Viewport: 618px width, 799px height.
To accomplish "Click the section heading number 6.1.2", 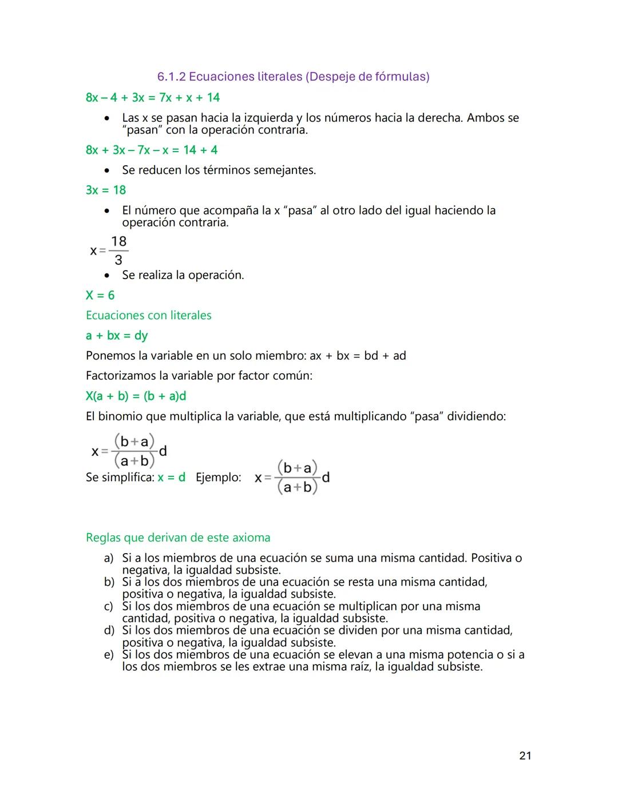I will tap(171, 77).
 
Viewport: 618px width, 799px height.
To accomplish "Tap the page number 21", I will tap(525, 756).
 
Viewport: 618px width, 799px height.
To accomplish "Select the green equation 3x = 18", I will tap(106, 190).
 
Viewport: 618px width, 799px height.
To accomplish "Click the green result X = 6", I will tap(100, 295).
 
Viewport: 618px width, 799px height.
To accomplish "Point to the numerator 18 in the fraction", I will tap(118, 241).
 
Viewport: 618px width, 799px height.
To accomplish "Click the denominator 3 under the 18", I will tap(118, 260).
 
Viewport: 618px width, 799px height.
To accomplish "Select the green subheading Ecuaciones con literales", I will tap(148, 315).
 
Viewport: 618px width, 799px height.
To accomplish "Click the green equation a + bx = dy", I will tap(117, 336).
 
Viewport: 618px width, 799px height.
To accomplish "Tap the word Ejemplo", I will tap(218, 477).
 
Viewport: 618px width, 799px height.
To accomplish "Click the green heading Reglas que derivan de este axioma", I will tap(178, 538).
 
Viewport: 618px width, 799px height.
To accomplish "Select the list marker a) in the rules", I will tap(109, 558).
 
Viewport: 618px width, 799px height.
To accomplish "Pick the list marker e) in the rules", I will tap(109, 654).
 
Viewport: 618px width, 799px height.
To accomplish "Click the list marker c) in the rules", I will tap(109, 606).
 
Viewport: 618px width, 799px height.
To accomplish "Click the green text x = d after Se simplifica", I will tap(172, 477).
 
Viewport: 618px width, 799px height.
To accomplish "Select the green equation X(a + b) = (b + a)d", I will tap(136, 396).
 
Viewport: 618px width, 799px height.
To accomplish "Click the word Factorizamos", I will tap(119, 376).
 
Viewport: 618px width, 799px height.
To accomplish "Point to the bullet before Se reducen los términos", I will tap(106, 170).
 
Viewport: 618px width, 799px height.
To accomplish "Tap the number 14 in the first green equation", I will tap(213, 98).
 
